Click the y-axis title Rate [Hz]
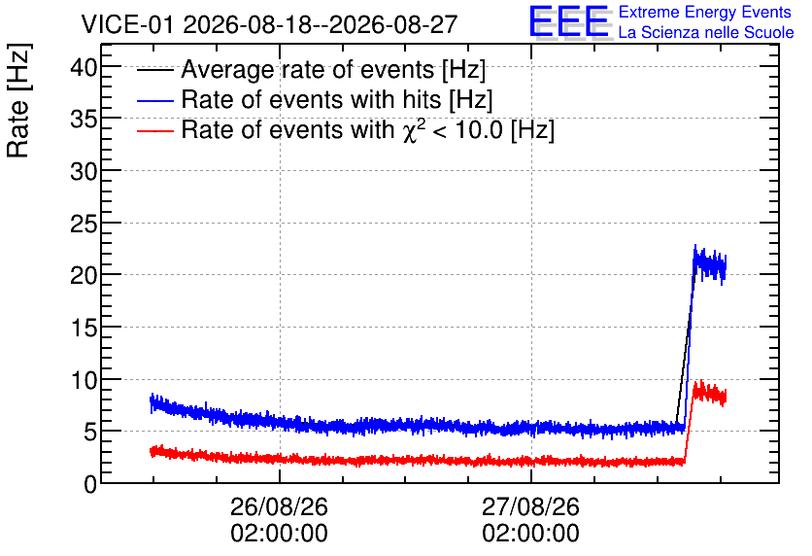click(19, 100)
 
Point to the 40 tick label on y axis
click(84, 67)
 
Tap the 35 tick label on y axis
click(84, 120)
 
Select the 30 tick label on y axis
click(84, 171)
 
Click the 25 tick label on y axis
click(84, 224)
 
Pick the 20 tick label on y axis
click(84, 275)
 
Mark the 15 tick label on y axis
click(84, 328)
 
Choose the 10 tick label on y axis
click(84, 380)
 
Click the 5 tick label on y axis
click(90, 432)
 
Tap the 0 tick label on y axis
click(90, 484)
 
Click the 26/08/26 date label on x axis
click(279, 506)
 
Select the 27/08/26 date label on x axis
click(530, 506)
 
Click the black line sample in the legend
click(154, 69)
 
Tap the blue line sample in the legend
click(154, 99)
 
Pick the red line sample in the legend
click(154, 130)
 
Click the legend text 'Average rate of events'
click(308, 69)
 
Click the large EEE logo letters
click(569, 21)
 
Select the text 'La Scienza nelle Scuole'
click(706, 32)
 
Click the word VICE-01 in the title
click(127, 24)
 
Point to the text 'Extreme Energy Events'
click(705, 12)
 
